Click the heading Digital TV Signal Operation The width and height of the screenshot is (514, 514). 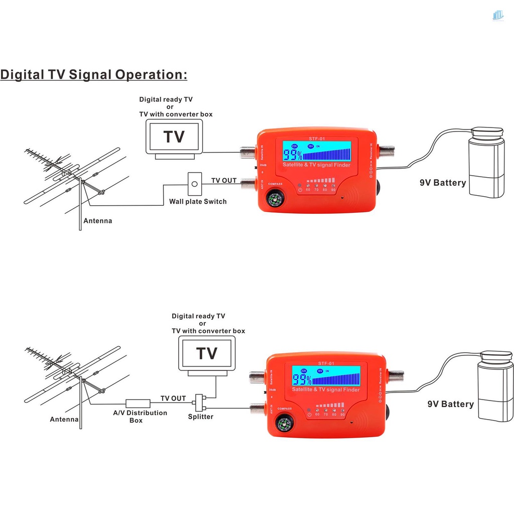pos(94,75)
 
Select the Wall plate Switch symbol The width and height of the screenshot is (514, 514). pos(194,184)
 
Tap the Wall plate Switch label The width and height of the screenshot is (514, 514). pos(198,202)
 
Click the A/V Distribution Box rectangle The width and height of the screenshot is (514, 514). pos(138,403)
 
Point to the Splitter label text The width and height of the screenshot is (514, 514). pos(201,417)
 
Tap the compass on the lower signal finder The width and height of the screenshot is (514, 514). pos(284,424)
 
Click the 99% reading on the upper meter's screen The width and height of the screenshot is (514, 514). pos(293,155)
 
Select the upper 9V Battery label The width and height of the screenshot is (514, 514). pos(443,183)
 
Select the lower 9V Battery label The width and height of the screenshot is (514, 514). pos(450,404)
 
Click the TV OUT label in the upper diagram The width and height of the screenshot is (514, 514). pos(223,181)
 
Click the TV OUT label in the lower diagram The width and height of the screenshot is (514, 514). pos(173,399)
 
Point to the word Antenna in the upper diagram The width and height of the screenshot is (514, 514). pos(97,221)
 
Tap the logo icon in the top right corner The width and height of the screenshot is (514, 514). pos(498,15)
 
